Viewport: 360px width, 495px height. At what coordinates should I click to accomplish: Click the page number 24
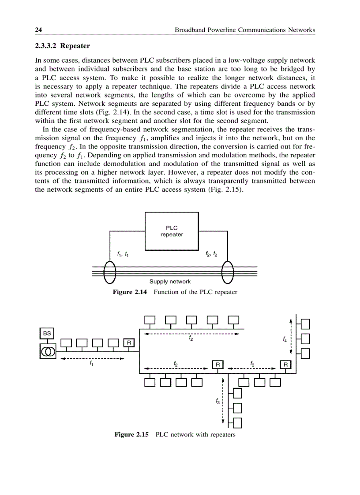pyautogui.click(x=38, y=30)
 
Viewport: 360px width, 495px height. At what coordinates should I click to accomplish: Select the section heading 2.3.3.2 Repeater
pyautogui.click(x=62, y=46)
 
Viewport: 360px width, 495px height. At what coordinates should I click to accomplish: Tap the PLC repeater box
pyautogui.click(x=172, y=231)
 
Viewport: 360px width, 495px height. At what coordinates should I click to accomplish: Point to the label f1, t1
pyautogui.click(x=123, y=254)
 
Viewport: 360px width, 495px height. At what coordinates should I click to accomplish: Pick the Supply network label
pyautogui.click(x=170, y=281)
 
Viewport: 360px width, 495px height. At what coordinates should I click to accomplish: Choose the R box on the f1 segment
pyautogui.click(x=129, y=342)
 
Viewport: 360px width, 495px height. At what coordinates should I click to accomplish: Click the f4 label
pyautogui.click(x=285, y=339)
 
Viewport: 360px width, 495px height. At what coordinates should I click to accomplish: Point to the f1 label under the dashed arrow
pyautogui.click(x=91, y=364)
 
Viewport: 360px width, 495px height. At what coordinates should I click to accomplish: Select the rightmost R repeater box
pyautogui.click(x=285, y=365)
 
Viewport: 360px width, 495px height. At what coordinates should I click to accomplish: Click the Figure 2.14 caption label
pyautogui.click(x=130, y=292)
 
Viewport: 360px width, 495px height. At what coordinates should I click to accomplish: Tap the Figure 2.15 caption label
pyautogui.click(x=131, y=435)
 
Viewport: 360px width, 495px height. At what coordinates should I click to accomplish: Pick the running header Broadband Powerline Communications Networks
pyautogui.click(x=245, y=30)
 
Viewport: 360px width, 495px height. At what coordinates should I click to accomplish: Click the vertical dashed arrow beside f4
pyautogui.click(x=291, y=335)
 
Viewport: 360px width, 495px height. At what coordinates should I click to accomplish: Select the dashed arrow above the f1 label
pyautogui.click(x=93, y=358)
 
